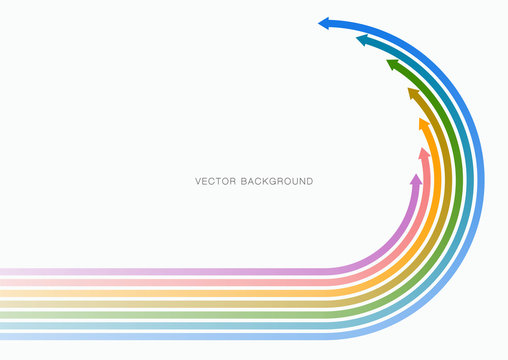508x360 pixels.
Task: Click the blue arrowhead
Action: click(x=325, y=23)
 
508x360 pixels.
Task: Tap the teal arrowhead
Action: click(x=362, y=41)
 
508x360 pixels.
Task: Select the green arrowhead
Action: click(x=392, y=65)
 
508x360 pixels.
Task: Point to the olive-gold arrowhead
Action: click(x=412, y=94)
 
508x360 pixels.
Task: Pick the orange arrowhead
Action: click(x=423, y=124)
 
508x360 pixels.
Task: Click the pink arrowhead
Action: click(x=424, y=154)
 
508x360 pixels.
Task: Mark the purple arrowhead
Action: click(x=416, y=179)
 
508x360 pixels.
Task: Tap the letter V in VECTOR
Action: click(x=198, y=181)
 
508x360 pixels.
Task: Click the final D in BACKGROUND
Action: click(x=309, y=181)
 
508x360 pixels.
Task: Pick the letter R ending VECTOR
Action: click(x=231, y=181)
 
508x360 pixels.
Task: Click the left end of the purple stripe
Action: click(x=3, y=271)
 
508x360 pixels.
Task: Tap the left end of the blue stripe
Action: click(x=3, y=336)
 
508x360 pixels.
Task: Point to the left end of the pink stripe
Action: click(x=3, y=282)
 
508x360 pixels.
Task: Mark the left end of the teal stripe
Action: click(x=3, y=326)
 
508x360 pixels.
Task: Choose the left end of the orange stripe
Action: click(x=3, y=293)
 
